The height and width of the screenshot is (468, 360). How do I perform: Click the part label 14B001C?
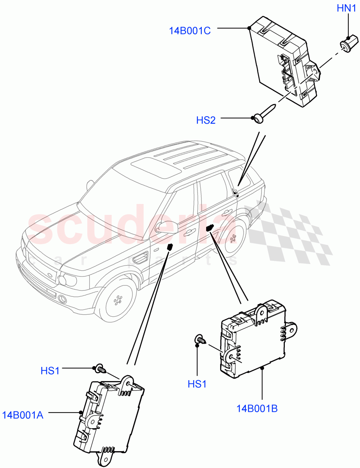pos(190,30)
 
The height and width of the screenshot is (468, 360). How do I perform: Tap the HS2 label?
pos(206,120)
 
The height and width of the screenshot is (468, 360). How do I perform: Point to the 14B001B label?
pos(257,409)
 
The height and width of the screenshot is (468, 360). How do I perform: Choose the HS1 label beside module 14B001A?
pos(50,370)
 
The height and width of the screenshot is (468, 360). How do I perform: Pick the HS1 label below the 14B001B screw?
pos(197,384)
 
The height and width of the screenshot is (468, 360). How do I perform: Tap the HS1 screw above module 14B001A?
pos(101,368)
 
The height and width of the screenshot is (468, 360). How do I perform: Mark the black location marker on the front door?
pos(170,246)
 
